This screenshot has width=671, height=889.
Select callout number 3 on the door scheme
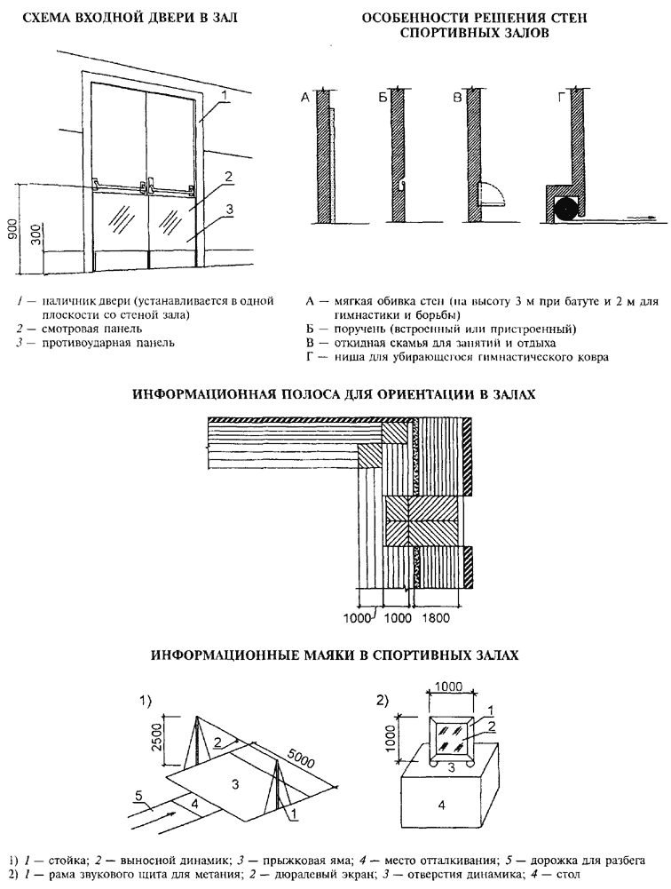point(229,210)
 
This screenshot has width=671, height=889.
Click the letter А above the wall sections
point(304,99)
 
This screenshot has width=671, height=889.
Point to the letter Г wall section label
point(561,99)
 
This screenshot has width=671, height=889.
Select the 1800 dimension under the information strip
point(439,614)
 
